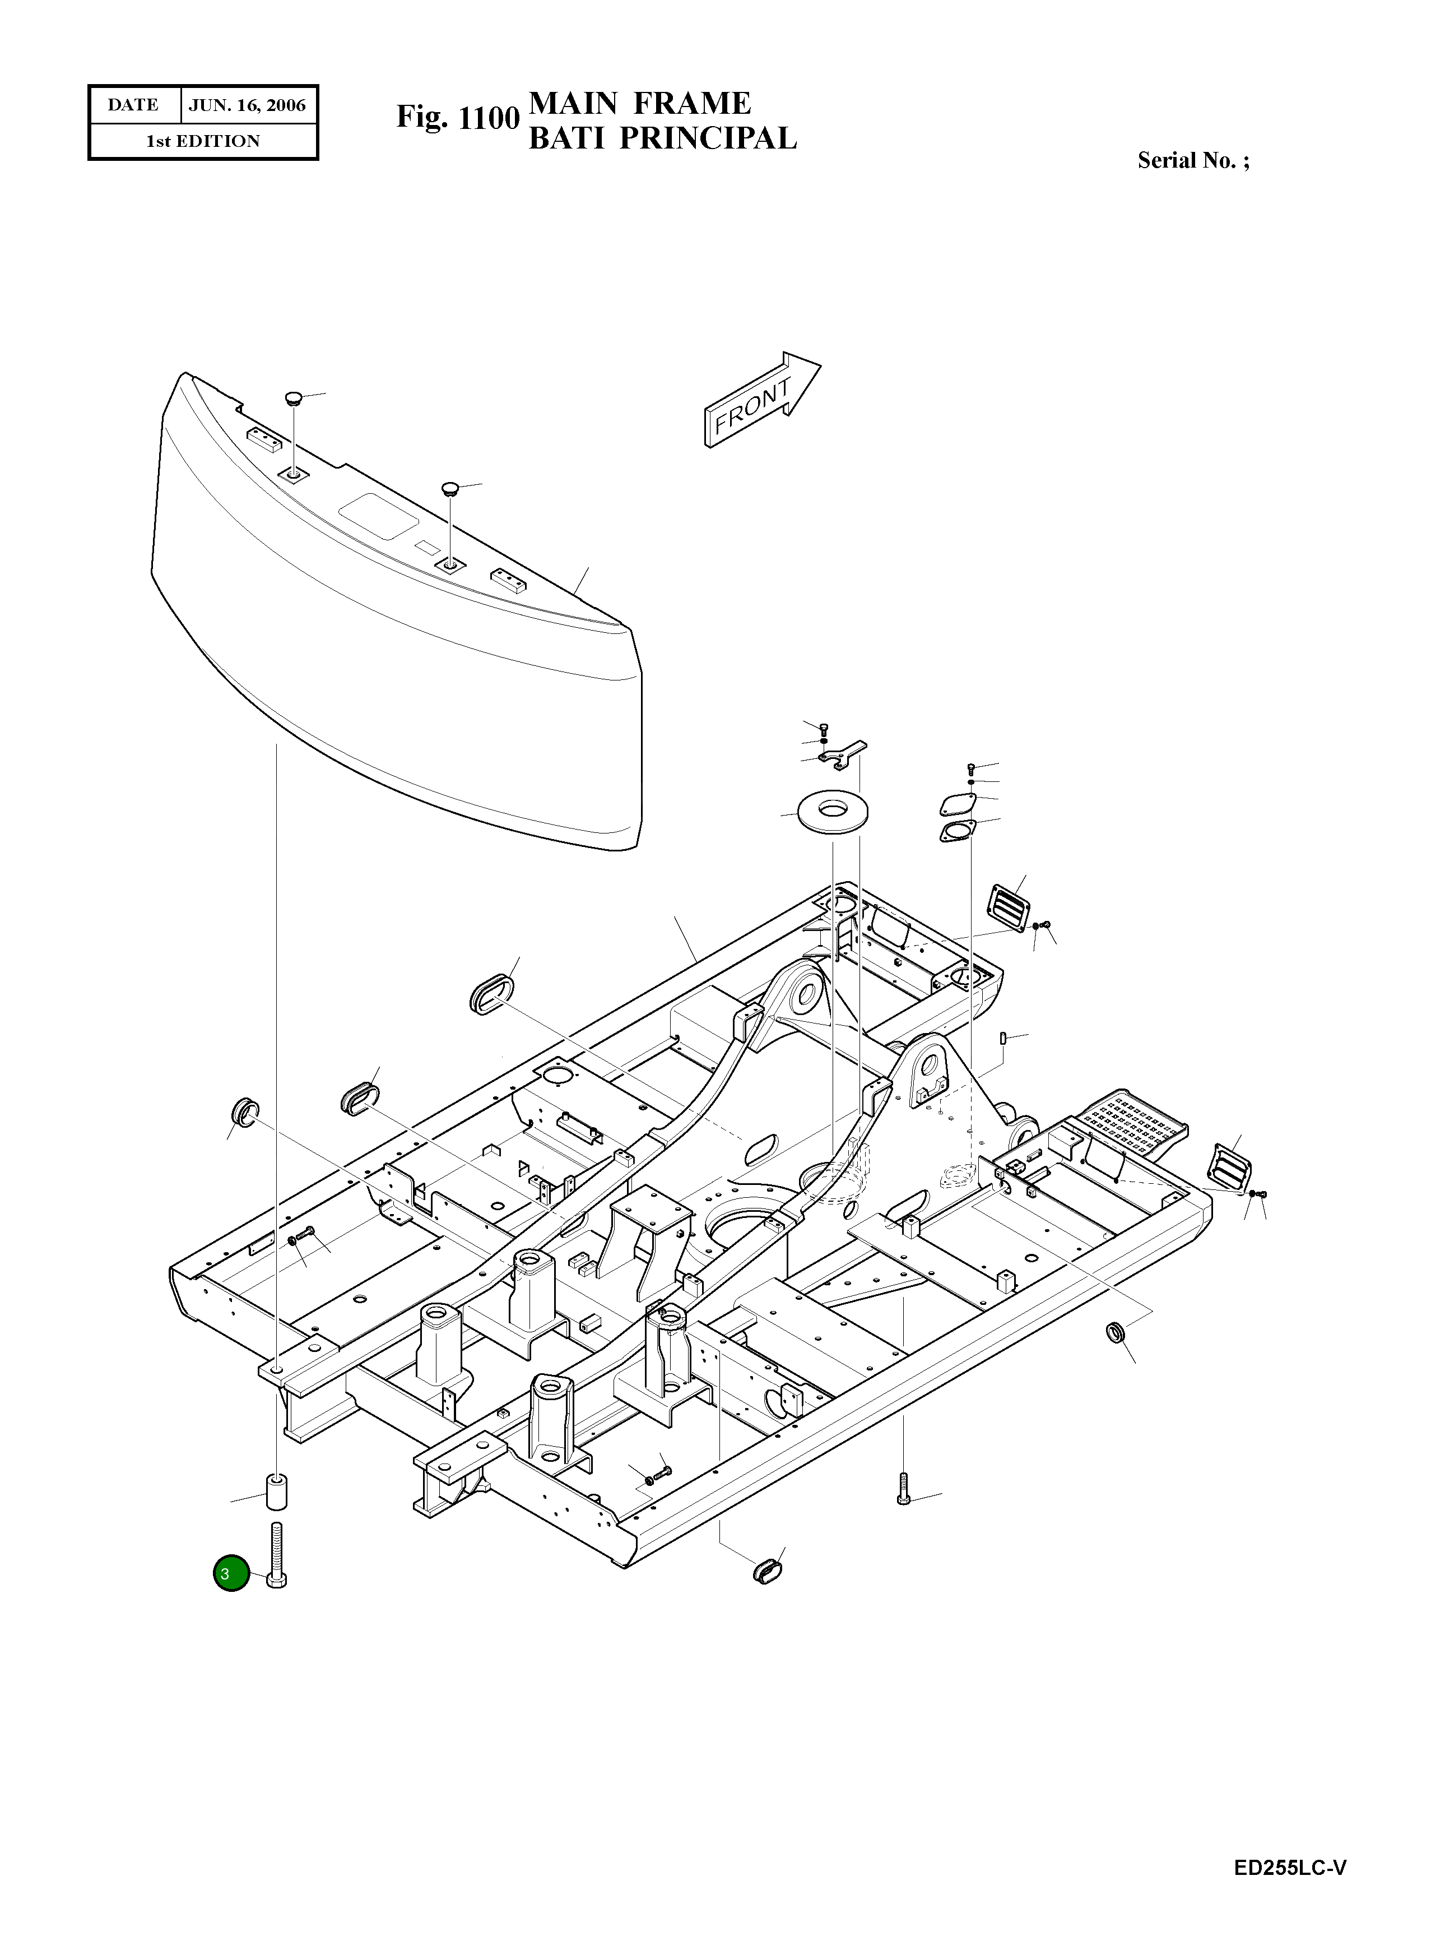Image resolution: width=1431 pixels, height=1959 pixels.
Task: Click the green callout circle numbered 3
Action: pos(230,1573)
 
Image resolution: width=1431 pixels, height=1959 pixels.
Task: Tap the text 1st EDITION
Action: pos(203,141)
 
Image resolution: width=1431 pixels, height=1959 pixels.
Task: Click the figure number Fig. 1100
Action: pos(457,117)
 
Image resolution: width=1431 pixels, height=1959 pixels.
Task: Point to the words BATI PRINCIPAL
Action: pos(662,138)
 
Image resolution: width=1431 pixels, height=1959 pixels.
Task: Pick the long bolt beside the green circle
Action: pos(277,1557)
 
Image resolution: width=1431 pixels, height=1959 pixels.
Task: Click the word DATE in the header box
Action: pos(133,105)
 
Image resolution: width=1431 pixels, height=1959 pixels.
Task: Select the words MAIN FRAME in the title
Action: pos(639,103)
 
